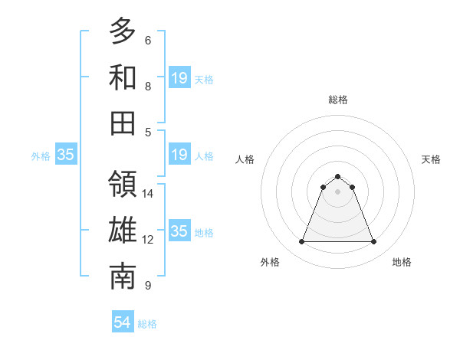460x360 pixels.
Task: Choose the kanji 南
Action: [123, 277]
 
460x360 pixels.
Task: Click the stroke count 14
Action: [148, 194]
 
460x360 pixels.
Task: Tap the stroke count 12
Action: [148, 240]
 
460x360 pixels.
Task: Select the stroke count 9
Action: [147, 286]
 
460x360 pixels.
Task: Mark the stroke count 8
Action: [147, 87]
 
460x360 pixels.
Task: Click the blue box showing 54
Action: [123, 322]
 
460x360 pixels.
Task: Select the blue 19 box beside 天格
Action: [179, 77]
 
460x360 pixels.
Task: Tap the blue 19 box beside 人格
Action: [179, 155]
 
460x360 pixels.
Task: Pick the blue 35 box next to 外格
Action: [66, 155]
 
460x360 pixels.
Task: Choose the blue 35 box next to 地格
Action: [179, 231]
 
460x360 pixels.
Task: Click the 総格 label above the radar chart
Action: [337, 100]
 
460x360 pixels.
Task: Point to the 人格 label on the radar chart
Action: [245, 159]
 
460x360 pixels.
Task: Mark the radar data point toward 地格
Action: [374, 242]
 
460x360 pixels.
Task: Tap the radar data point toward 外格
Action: [301, 242]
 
